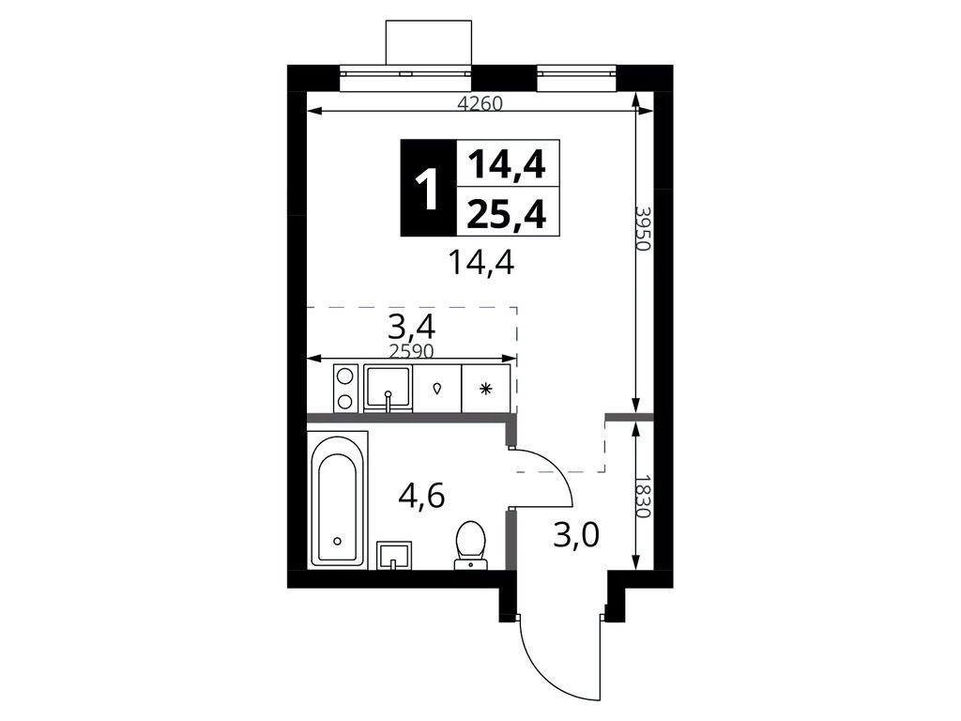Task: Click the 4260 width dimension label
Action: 480,104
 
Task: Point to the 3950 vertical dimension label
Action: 642,228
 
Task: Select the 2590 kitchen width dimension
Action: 412,351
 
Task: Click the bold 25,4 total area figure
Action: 506,215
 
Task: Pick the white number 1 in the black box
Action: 427,190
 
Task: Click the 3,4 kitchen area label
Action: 412,327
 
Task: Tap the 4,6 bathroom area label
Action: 421,496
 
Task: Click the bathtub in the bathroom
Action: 338,500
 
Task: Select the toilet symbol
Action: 471,545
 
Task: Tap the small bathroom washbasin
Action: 394,556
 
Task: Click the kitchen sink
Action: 388,388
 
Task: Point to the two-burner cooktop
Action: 345,388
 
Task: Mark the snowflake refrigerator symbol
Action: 485,388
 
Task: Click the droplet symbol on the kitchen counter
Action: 437,388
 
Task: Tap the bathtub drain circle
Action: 337,541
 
